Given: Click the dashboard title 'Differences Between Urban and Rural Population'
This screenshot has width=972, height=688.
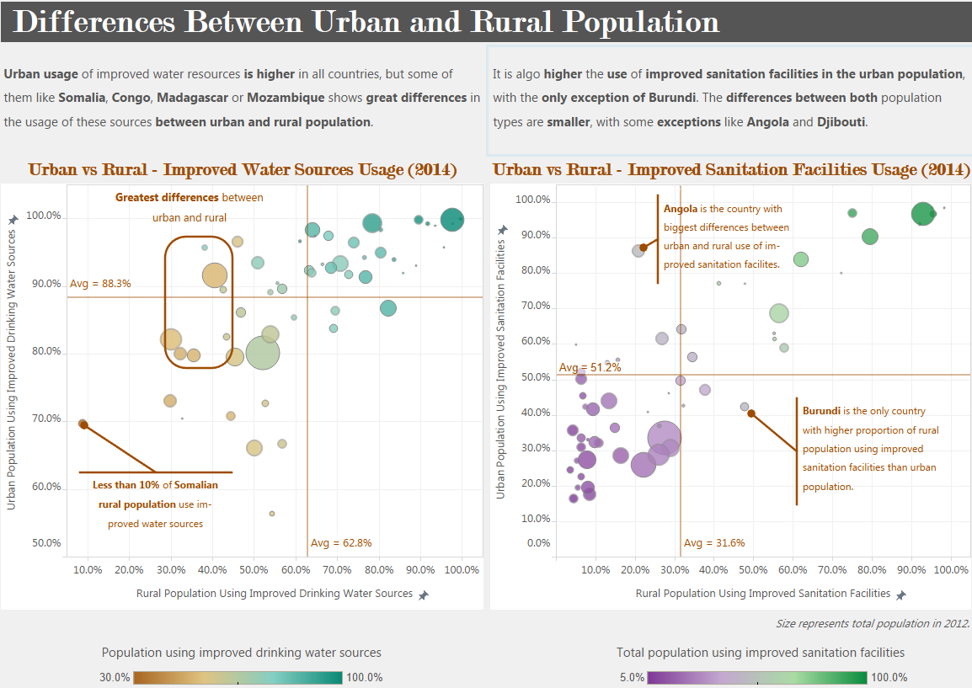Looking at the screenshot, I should (x=366, y=21).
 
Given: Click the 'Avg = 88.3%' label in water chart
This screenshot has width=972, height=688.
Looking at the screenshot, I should (x=100, y=284).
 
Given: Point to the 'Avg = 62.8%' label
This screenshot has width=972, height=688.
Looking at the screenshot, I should (x=341, y=543).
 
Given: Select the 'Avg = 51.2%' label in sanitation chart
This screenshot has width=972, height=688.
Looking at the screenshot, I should (x=590, y=368).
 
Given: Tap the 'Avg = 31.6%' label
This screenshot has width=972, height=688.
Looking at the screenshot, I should (x=713, y=543).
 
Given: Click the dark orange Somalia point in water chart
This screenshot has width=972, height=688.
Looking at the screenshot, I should (x=83, y=424).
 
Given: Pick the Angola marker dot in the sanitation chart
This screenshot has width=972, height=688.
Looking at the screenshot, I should (x=644, y=248).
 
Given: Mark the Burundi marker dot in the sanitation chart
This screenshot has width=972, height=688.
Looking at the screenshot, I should (x=750, y=413).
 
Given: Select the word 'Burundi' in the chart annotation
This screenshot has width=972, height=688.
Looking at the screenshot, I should (x=821, y=411).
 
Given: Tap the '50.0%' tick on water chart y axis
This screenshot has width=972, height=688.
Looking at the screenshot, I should (x=46, y=543).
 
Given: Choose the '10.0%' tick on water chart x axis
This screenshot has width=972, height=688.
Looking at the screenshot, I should (x=88, y=570).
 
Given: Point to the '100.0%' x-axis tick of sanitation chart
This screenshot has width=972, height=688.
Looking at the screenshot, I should (x=951, y=570).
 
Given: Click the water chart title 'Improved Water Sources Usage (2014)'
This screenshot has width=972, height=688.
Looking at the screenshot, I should (x=310, y=170).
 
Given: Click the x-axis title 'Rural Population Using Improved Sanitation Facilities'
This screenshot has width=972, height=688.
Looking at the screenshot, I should (x=762, y=594).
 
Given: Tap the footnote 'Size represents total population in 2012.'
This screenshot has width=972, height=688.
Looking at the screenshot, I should (x=872, y=624).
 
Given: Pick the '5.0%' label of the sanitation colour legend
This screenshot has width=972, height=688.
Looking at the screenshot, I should (x=632, y=678).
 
